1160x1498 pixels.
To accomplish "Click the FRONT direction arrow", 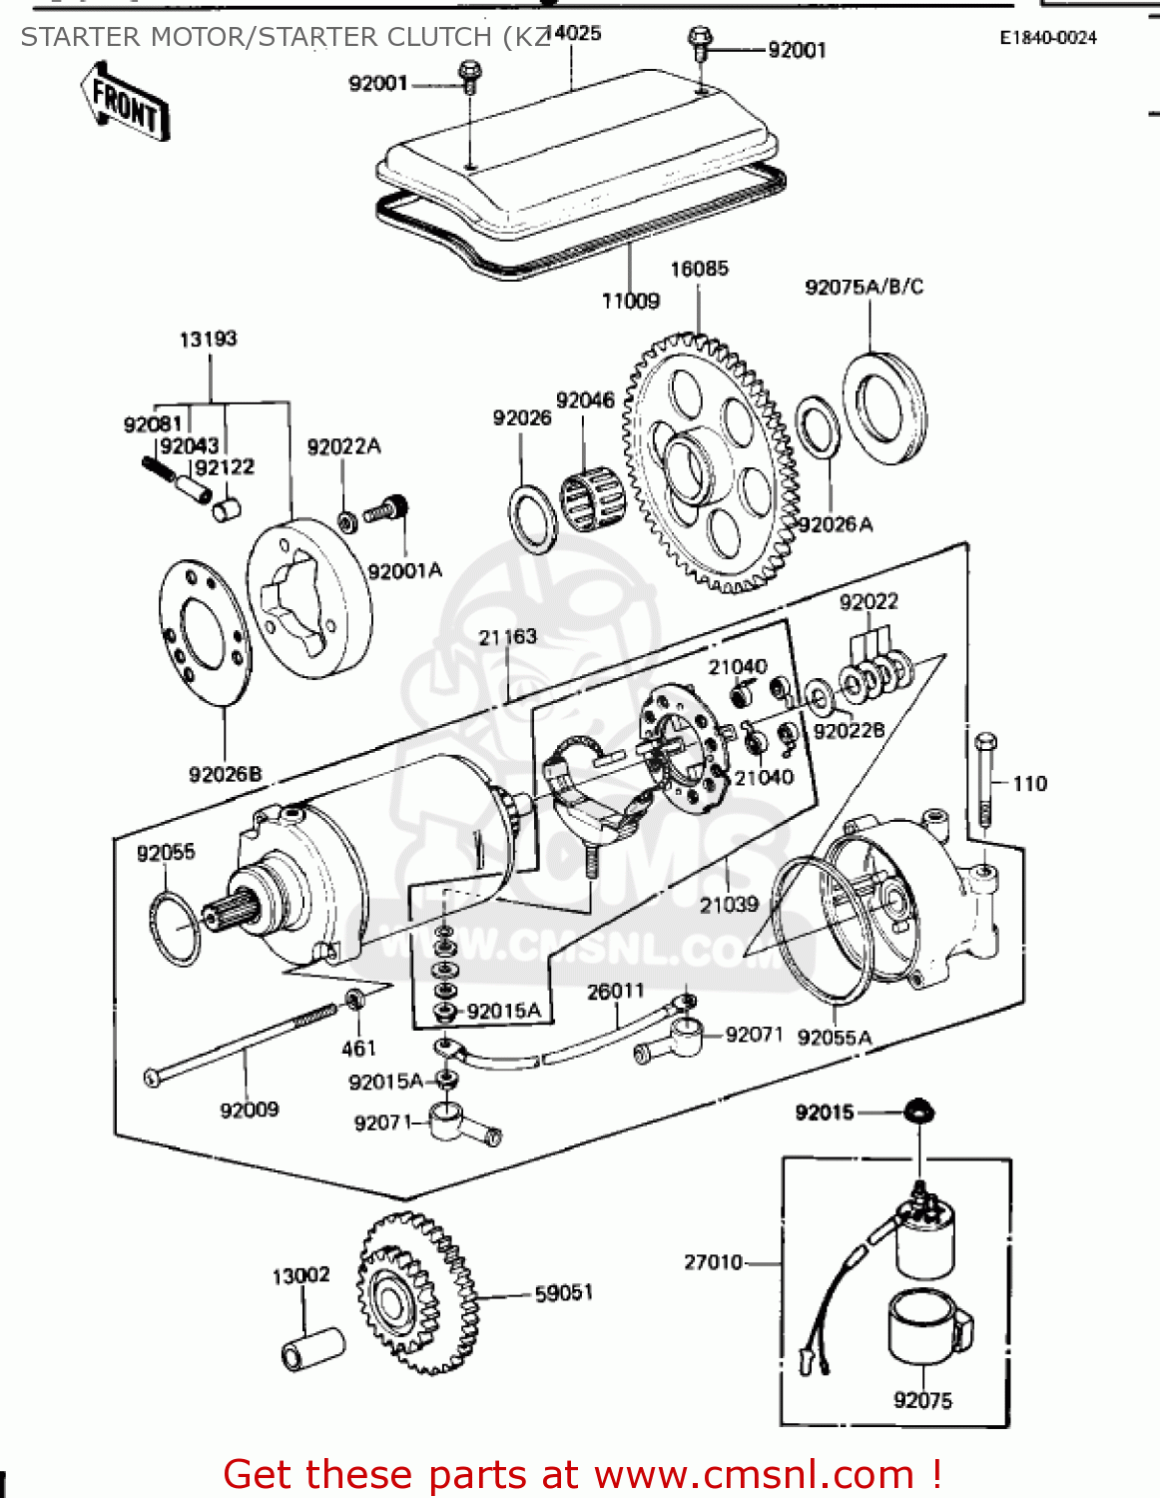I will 126,103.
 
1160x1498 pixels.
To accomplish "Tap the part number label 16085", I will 699,269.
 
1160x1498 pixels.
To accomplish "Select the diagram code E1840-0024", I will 1048,38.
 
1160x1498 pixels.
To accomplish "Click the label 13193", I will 208,340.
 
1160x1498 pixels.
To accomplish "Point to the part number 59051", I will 564,1293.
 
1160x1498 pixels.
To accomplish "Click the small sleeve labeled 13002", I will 312,1349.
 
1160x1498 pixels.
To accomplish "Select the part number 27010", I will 713,1262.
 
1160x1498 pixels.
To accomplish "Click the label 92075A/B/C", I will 864,288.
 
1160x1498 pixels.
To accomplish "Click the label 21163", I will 507,637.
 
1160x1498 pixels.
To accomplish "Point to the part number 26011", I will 615,991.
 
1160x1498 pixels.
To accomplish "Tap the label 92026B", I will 225,774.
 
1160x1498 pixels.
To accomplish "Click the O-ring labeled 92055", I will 175,930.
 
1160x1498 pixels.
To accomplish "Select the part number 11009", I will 630,301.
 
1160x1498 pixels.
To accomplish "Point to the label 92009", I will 249,1110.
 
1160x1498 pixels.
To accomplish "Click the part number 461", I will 358,1048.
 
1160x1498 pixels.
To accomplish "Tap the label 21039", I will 729,904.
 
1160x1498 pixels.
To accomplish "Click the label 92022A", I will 343,446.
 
